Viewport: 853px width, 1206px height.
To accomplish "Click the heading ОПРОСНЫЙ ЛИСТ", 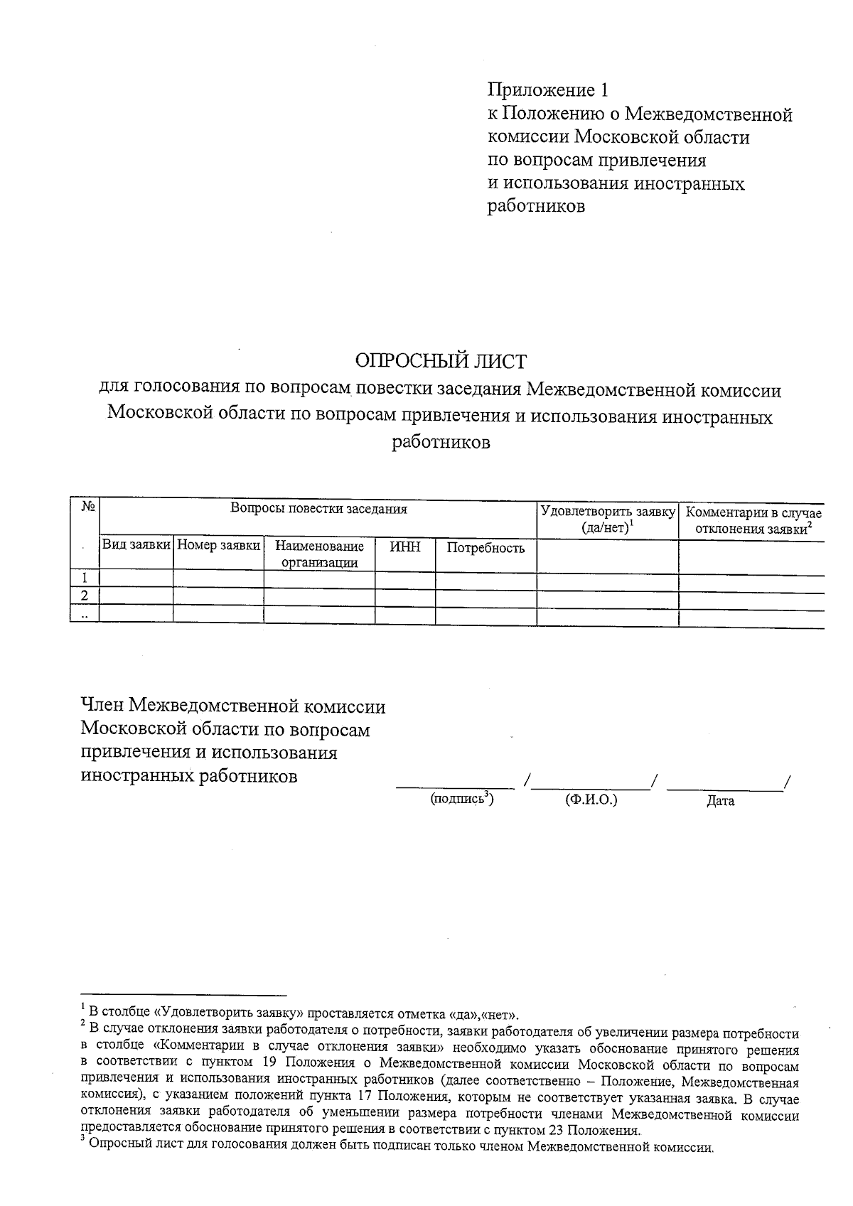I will pos(441,362).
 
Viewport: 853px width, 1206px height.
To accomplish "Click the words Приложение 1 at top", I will pos(547,90).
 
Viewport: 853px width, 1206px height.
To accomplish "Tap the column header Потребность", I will pos(485,548).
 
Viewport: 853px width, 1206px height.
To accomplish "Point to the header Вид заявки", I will pos(136,544).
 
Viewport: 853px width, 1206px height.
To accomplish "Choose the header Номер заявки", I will pos(218,544).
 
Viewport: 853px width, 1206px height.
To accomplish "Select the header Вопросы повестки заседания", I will pos(318,509).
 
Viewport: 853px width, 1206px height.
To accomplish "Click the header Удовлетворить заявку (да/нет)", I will pos(607,519).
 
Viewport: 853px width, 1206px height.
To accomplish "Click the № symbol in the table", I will pos(89,507).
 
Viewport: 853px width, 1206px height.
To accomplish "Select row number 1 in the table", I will pos(85,578).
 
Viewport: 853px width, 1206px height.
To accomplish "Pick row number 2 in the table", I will pos(85,596).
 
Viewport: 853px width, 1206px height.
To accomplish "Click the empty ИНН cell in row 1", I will pos(405,578).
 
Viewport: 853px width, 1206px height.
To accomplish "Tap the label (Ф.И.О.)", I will pos(591,799).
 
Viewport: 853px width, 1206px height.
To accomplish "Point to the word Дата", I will pos(720,801).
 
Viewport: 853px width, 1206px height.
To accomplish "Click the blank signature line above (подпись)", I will pos(455,785).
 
